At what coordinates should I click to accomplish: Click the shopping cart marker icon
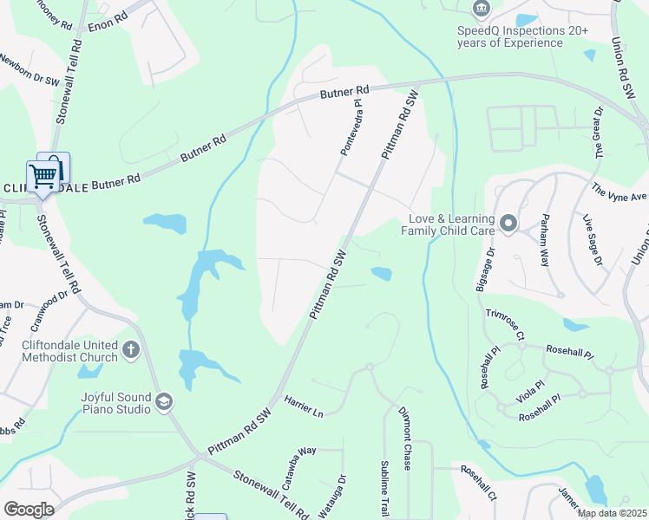tap(42, 176)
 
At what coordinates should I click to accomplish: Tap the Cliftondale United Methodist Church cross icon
tap(131, 350)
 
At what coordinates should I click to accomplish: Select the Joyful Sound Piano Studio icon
tap(164, 401)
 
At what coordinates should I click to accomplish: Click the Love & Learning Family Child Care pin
tap(508, 224)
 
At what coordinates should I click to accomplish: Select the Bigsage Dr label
tap(484, 269)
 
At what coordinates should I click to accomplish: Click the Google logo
tap(29, 509)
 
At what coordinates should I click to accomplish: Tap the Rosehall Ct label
tap(478, 484)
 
